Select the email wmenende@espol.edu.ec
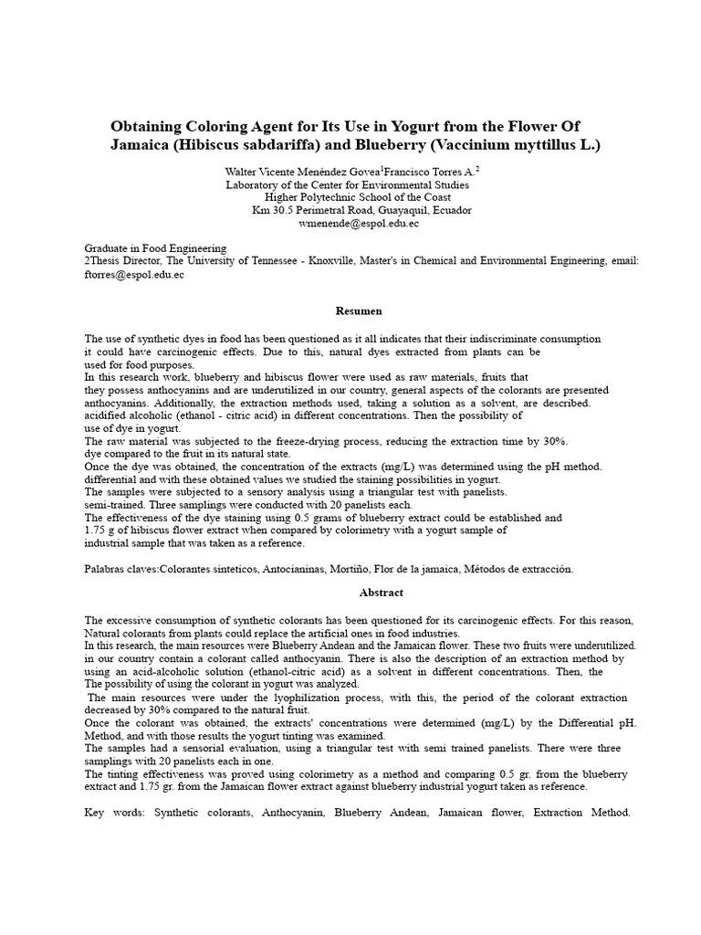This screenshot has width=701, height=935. pyautogui.click(x=351, y=223)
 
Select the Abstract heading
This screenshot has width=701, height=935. pyautogui.click(x=355, y=593)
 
